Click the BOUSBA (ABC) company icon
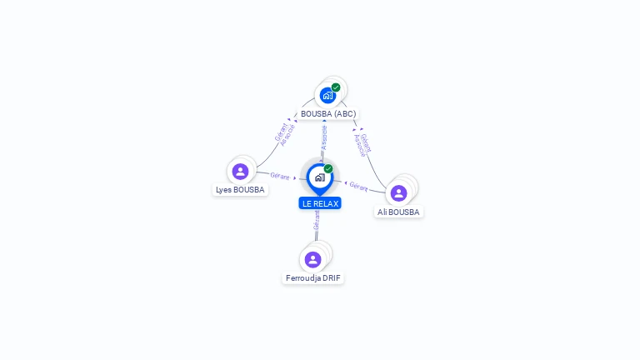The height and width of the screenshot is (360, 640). pyautogui.click(x=327, y=95)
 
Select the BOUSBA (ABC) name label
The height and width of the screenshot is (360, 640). pyautogui.click(x=328, y=113)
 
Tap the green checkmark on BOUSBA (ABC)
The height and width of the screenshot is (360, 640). pyautogui.click(x=336, y=87)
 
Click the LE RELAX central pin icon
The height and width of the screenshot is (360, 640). pyautogui.click(x=319, y=177)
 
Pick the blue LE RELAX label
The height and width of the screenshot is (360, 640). pyautogui.click(x=320, y=203)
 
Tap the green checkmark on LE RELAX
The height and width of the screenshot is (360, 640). pyautogui.click(x=328, y=169)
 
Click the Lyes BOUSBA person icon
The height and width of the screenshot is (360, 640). pyautogui.click(x=240, y=172)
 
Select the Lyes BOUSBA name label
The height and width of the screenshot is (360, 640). pyautogui.click(x=240, y=190)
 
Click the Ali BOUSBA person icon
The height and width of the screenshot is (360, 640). pyautogui.click(x=398, y=193)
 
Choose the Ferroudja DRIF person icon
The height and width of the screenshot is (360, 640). pyautogui.click(x=312, y=259)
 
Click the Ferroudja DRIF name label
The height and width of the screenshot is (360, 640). pyautogui.click(x=313, y=277)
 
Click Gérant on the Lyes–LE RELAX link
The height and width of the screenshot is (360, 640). pyautogui.click(x=279, y=176)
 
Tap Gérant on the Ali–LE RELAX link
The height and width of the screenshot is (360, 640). pyautogui.click(x=359, y=185)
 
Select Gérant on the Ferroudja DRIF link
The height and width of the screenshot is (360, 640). pyautogui.click(x=317, y=221)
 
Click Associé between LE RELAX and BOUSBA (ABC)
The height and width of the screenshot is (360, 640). pyautogui.click(x=324, y=137)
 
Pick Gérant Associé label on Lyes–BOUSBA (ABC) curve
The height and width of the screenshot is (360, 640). pyautogui.click(x=284, y=134)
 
